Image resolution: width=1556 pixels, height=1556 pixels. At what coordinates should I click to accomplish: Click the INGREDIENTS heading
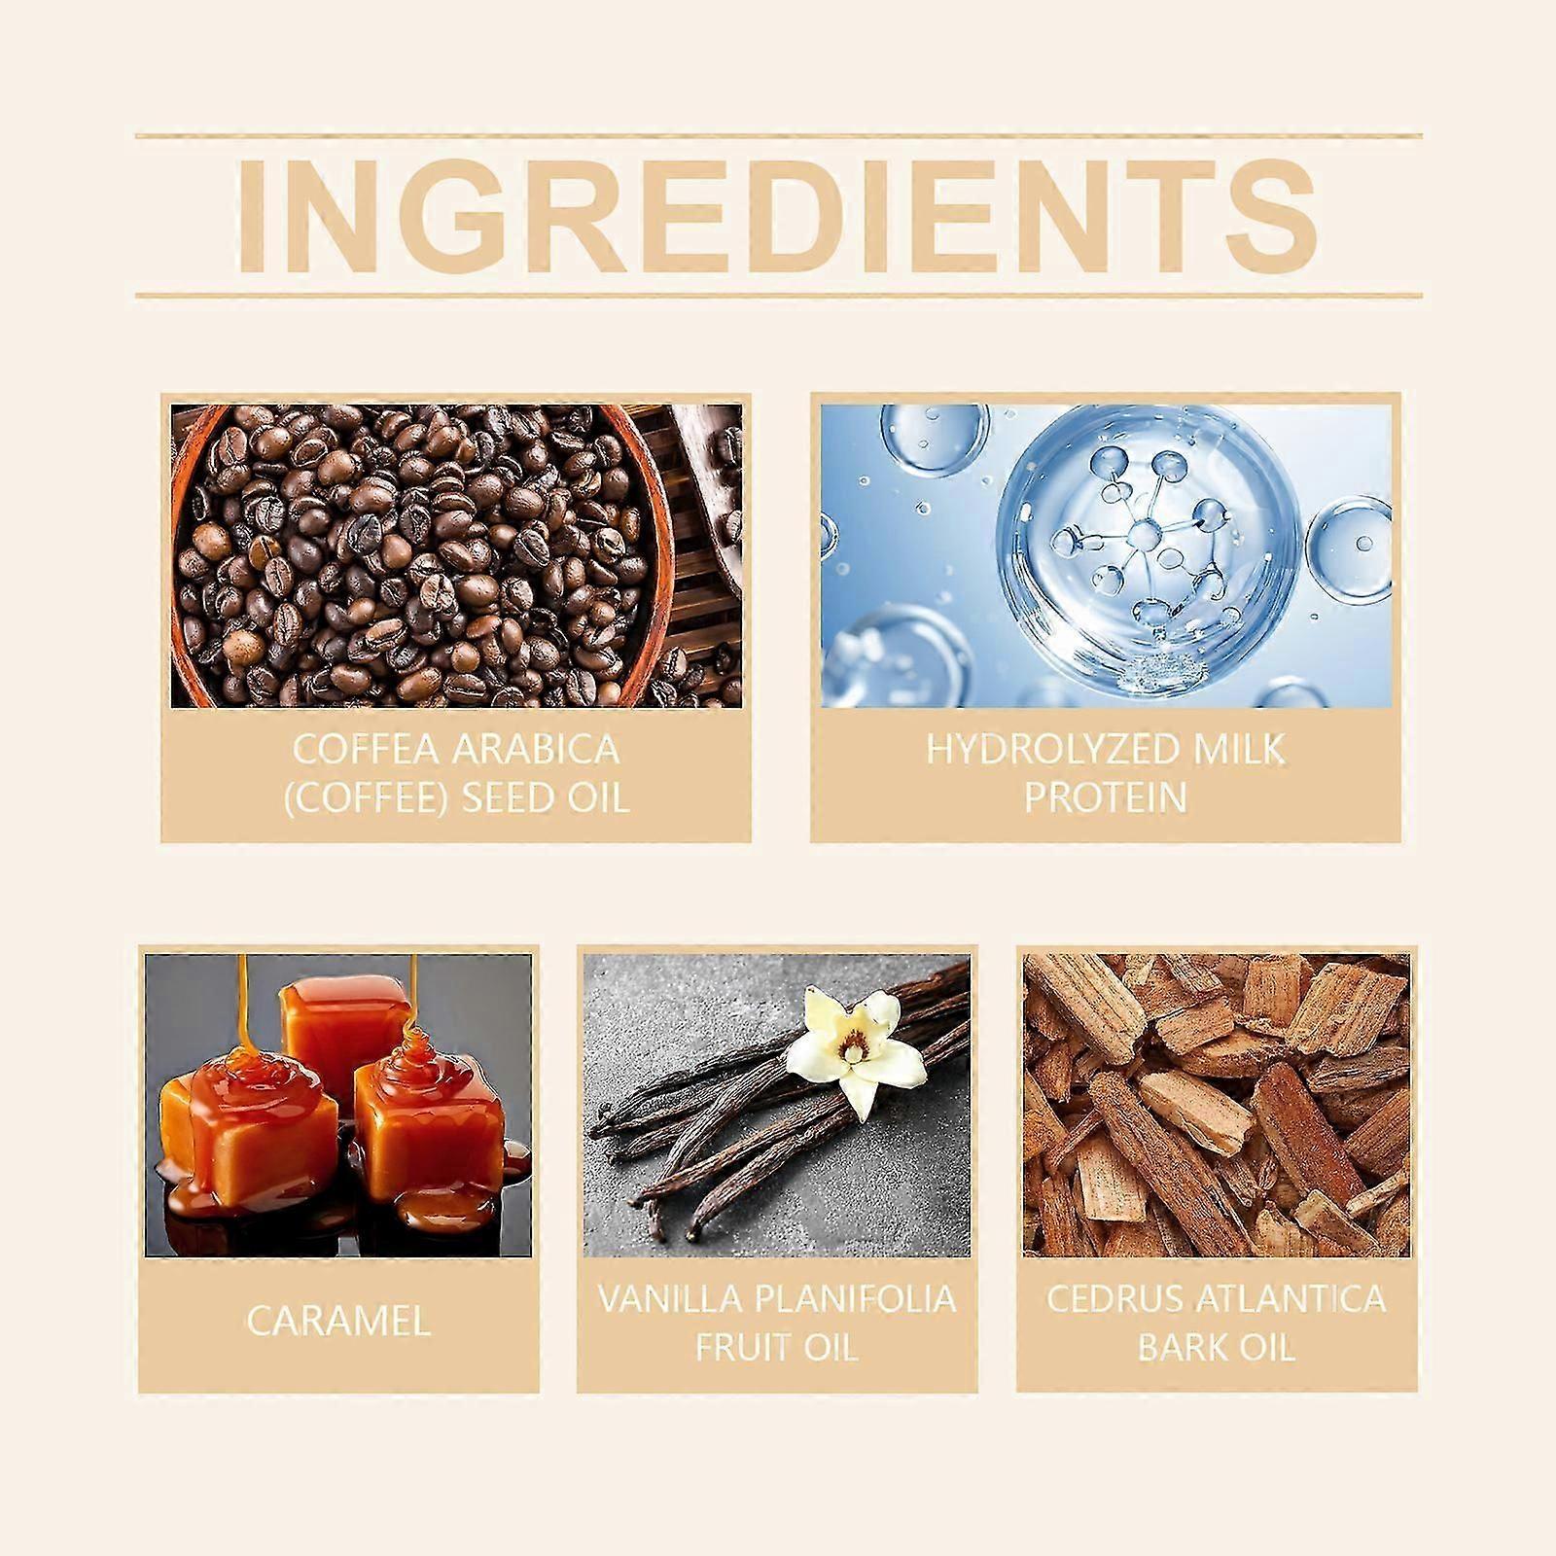pyautogui.click(x=778, y=217)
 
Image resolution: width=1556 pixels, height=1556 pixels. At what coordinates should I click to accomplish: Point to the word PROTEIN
pyautogui.click(x=1106, y=797)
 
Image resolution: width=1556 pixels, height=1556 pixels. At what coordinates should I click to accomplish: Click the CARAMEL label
pyautogui.click(x=337, y=1321)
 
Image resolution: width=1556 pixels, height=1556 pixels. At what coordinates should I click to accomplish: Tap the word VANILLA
pyautogui.click(x=670, y=1299)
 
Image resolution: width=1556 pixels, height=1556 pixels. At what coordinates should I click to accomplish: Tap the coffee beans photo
pyautogui.click(x=456, y=555)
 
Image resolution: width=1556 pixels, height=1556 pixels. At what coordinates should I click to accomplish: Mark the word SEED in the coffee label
pyautogui.click(x=513, y=797)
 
